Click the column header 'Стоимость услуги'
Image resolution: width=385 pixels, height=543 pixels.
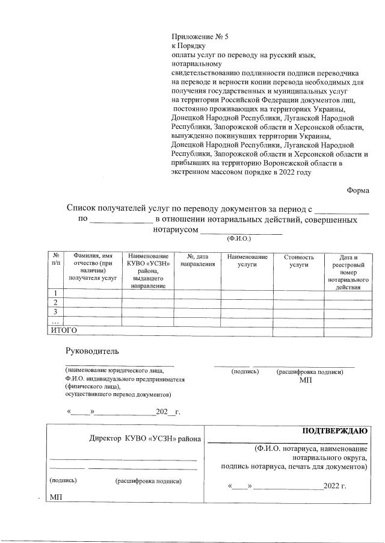pyautogui.click(x=298, y=261)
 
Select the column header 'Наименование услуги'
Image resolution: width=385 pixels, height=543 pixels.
pyautogui.click(x=247, y=261)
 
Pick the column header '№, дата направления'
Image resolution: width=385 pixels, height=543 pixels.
pyautogui.click(x=198, y=261)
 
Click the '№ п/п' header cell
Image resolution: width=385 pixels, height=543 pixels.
pyautogui.click(x=55, y=261)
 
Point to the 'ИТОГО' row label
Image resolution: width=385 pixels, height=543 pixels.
pyautogui.click(x=64, y=330)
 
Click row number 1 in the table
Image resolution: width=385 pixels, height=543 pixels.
pyautogui.click(x=55, y=293)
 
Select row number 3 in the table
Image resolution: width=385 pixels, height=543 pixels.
pyautogui.click(x=55, y=312)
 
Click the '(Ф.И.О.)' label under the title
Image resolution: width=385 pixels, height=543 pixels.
pyautogui.click(x=239, y=238)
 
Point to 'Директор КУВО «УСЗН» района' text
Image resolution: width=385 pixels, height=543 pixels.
pyautogui.click(x=145, y=439)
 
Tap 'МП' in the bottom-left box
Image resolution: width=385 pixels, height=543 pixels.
pyautogui.click(x=57, y=497)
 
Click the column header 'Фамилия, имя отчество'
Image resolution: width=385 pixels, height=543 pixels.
pyautogui.click(x=93, y=268)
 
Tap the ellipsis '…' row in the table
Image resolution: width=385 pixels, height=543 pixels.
pyautogui.click(x=55, y=321)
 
